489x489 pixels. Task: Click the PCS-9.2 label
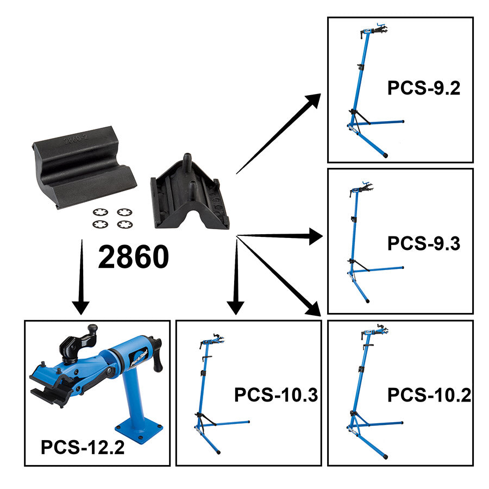[424, 88]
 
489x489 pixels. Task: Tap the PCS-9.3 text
[424, 244]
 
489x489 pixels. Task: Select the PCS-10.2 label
[429, 395]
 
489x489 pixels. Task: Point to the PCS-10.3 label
[275, 395]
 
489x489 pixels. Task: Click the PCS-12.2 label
[83, 448]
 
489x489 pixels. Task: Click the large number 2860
[133, 257]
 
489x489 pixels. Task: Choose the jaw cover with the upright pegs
[190, 193]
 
